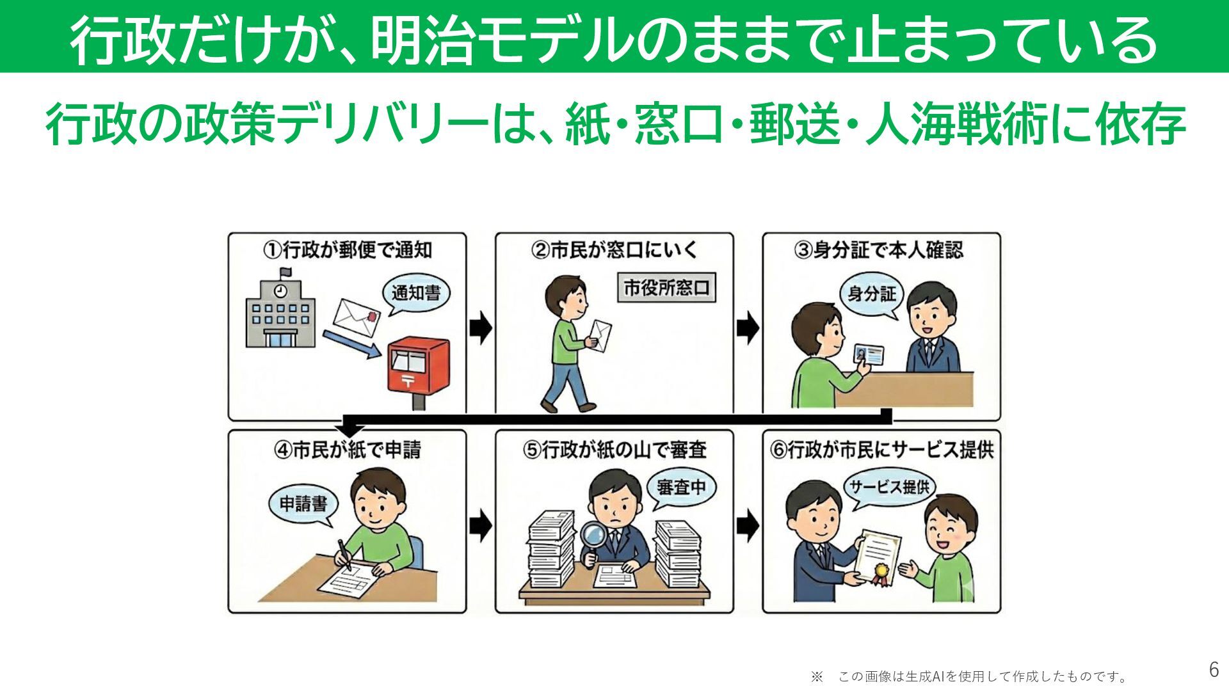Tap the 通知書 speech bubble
pyautogui.click(x=416, y=294)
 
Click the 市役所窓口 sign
pyautogui.click(x=666, y=288)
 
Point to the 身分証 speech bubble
pyautogui.click(x=871, y=294)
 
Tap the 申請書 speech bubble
pyautogui.click(x=303, y=504)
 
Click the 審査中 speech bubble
pyautogui.click(x=681, y=488)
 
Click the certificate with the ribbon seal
pyautogui.click(x=878, y=555)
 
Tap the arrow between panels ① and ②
pyautogui.click(x=481, y=328)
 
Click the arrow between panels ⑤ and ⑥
pyautogui.click(x=748, y=526)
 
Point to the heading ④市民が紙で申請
pyautogui.click(x=348, y=450)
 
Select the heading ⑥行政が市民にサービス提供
pyautogui.click(x=881, y=450)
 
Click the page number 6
pyautogui.click(x=1214, y=669)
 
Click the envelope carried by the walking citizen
pyautogui.click(x=600, y=335)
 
